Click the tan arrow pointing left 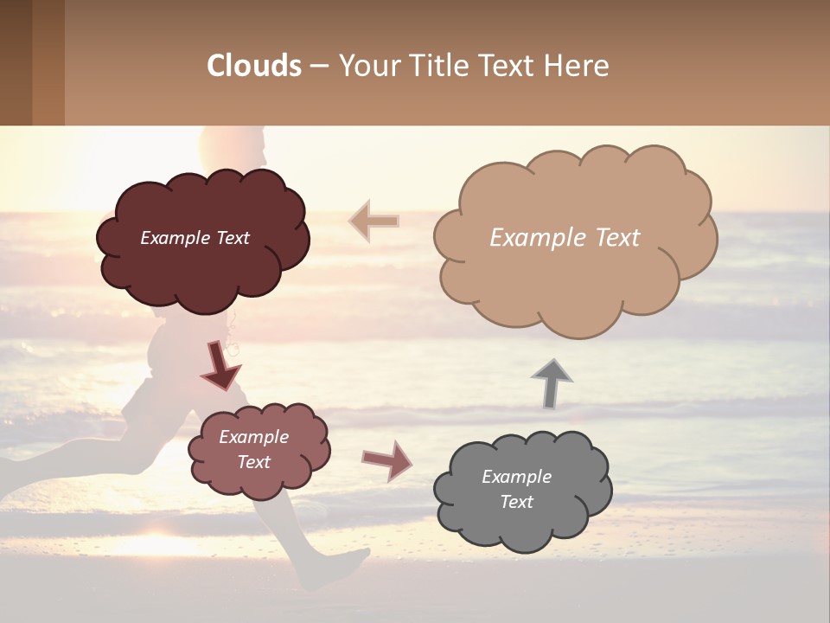click(374, 222)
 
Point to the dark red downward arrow click(220, 365)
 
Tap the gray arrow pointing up click(551, 383)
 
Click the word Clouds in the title click(254, 66)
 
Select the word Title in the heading click(438, 66)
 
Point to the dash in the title click(319, 67)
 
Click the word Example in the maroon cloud click(174, 238)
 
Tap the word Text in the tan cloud click(616, 238)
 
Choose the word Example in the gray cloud click(516, 477)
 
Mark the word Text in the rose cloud click(253, 462)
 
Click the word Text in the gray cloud click(516, 502)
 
